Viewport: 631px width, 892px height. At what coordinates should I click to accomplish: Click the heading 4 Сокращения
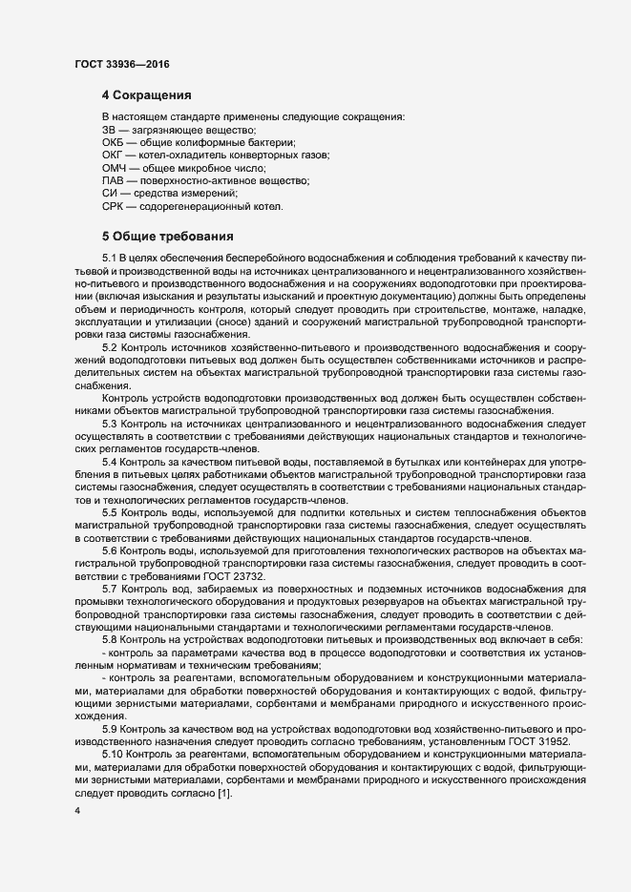tap(147, 95)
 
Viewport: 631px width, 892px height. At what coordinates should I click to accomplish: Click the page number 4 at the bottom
tap(77, 811)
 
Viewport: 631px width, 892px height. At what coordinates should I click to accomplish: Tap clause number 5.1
tap(108, 259)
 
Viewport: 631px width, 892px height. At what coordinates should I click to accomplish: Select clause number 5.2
tap(108, 347)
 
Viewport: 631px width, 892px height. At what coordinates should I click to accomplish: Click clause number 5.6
tap(108, 550)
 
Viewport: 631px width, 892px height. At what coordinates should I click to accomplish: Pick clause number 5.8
tap(108, 639)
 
